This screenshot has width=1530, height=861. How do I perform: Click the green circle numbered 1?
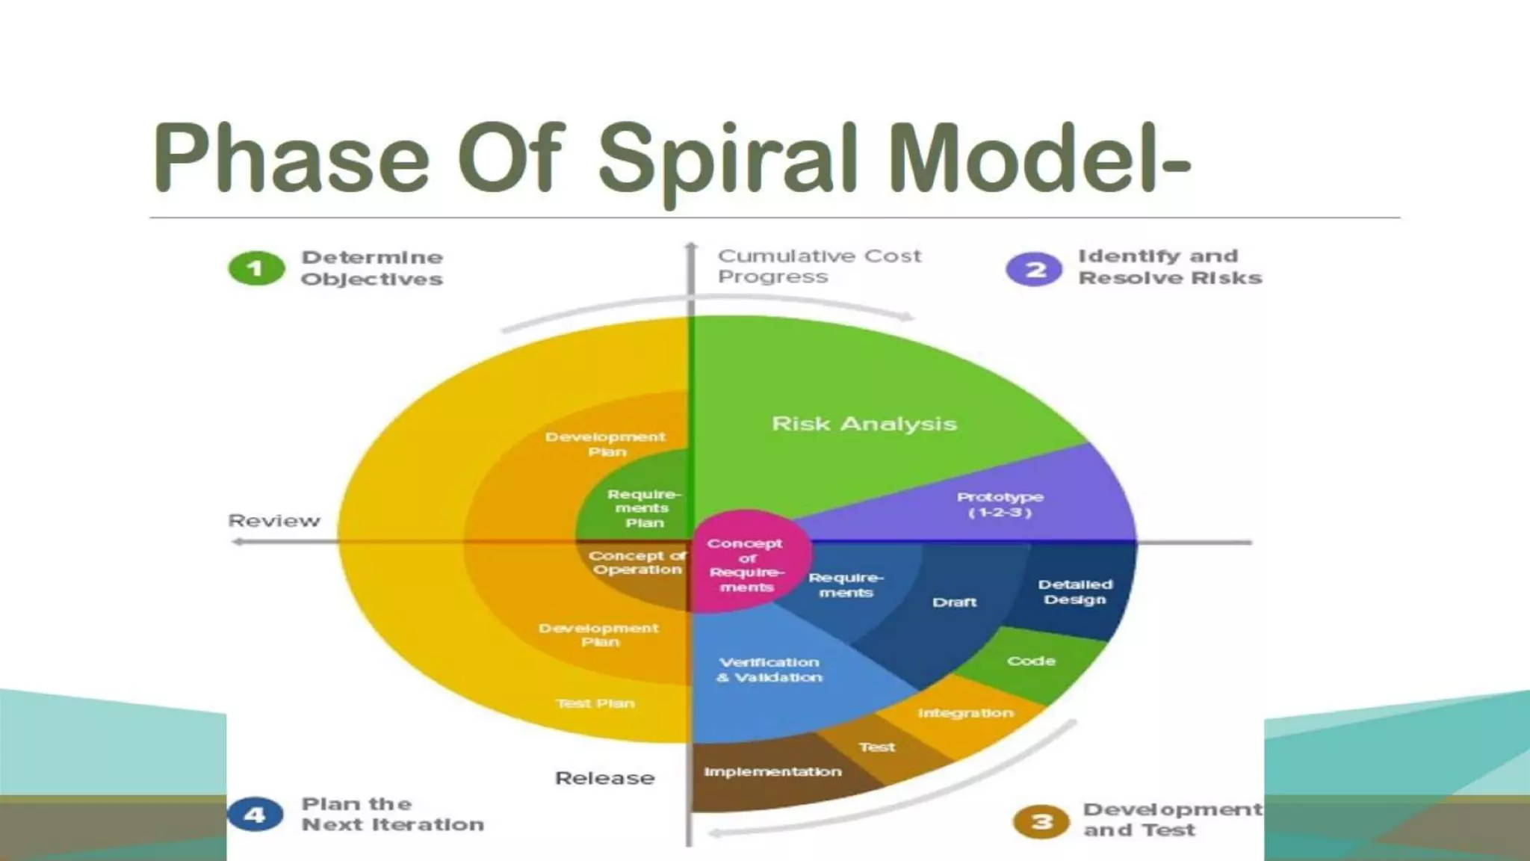(x=256, y=269)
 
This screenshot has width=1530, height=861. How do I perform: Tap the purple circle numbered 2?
(x=1034, y=269)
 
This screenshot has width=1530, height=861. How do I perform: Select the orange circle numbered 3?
(x=1041, y=822)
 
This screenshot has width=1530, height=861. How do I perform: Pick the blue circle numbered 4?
(x=255, y=815)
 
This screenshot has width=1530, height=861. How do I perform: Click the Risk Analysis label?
(x=864, y=424)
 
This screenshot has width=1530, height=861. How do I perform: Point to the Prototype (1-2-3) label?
(x=1000, y=504)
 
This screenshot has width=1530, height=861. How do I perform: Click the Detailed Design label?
(x=1075, y=592)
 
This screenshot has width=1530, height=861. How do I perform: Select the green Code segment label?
(x=1031, y=661)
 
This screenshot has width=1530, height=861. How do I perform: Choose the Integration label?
(x=965, y=713)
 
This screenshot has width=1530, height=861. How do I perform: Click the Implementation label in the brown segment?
(x=772, y=771)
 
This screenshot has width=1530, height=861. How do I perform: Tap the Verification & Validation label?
(x=769, y=670)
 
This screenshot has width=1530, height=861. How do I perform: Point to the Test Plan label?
(x=595, y=703)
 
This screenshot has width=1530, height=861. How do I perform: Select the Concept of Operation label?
(x=637, y=563)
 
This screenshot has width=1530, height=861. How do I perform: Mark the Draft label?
(x=954, y=602)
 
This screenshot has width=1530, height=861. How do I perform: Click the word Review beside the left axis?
(x=274, y=521)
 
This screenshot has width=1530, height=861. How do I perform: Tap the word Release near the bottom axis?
(x=605, y=778)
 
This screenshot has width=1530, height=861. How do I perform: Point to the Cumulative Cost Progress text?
(x=820, y=266)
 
